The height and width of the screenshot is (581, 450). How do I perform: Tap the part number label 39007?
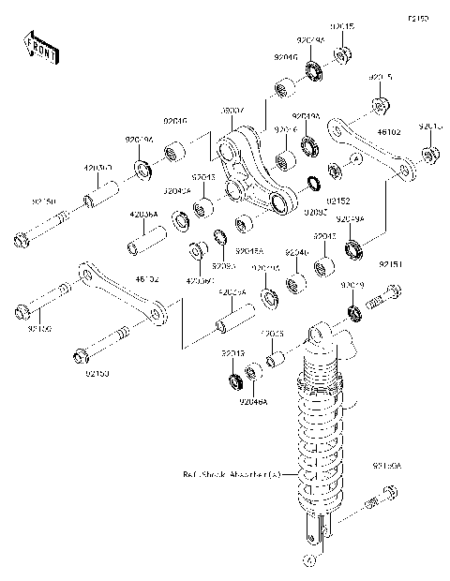click(x=232, y=112)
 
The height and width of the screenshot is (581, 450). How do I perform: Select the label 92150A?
click(x=385, y=464)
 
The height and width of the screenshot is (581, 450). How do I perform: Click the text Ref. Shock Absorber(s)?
click(x=232, y=475)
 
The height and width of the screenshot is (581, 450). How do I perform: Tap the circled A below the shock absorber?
click(x=307, y=560)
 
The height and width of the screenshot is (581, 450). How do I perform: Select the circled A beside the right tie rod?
click(x=357, y=159)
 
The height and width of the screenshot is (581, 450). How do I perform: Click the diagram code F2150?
click(x=417, y=18)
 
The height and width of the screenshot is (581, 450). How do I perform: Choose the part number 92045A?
click(x=250, y=251)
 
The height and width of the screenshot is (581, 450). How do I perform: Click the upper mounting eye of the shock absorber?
click(x=320, y=334)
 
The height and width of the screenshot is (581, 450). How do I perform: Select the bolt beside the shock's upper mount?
click(x=380, y=301)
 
